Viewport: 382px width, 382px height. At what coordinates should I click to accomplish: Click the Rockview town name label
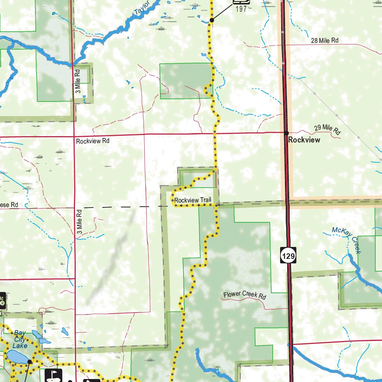(x=304, y=140)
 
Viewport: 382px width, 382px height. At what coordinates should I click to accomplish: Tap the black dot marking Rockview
(x=286, y=133)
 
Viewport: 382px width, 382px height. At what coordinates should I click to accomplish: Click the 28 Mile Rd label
(x=325, y=40)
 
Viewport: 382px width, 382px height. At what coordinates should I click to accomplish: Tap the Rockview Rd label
(x=93, y=141)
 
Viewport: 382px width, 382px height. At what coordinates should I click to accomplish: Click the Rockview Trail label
(x=193, y=200)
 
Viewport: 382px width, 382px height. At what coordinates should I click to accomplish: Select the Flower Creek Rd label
(x=245, y=295)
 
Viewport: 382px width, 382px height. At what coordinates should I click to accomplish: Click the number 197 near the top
(x=241, y=9)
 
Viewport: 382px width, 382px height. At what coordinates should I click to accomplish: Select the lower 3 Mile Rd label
(x=79, y=222)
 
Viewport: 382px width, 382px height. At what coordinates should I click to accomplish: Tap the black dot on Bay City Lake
(x=29, y=361)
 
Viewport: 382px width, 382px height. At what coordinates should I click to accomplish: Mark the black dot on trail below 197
(x=212, y=20)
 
